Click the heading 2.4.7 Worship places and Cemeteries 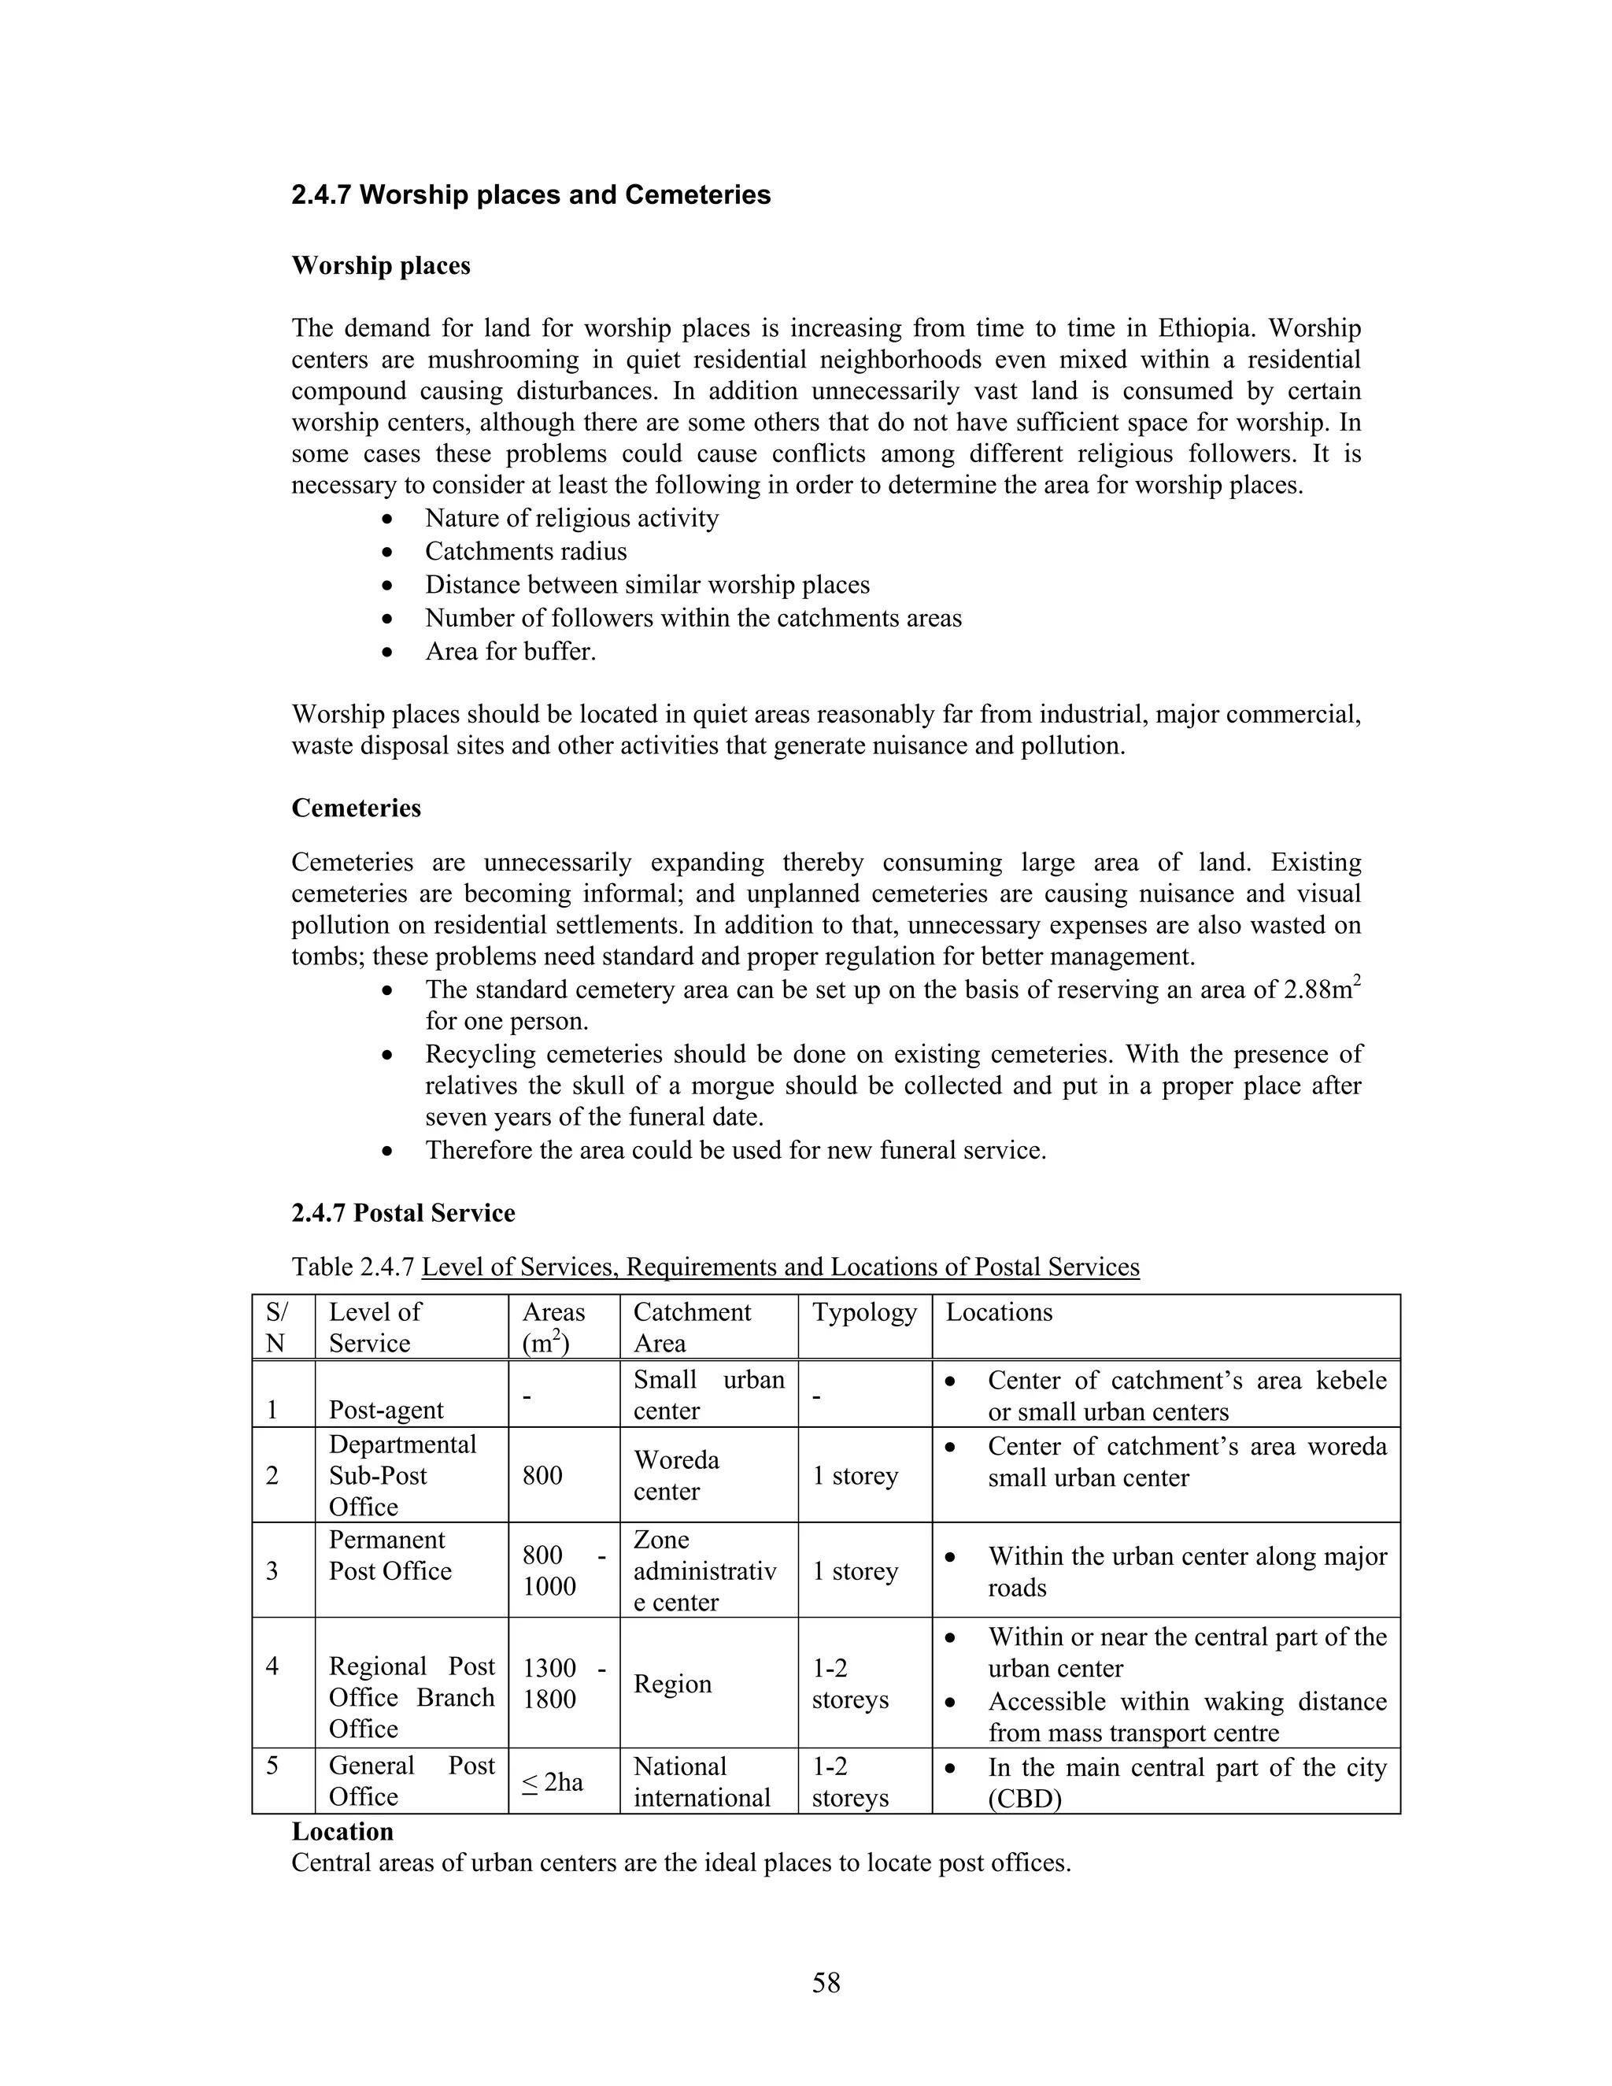click(x=531, y=195)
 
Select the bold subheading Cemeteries click(x=357, y=808)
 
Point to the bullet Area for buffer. click(x=510, y=652)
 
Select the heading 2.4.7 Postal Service click(x=403, y=1213)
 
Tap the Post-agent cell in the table click(x=386, y=1410)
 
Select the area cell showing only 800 click(x=542, y=1476)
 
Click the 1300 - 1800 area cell click(x=564, y=1683)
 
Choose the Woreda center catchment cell click(x=676, y=1476)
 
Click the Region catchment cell click(x=672, y=1683)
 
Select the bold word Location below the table click(x=342, y=1831)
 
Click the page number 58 click(x=826, y=1983)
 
